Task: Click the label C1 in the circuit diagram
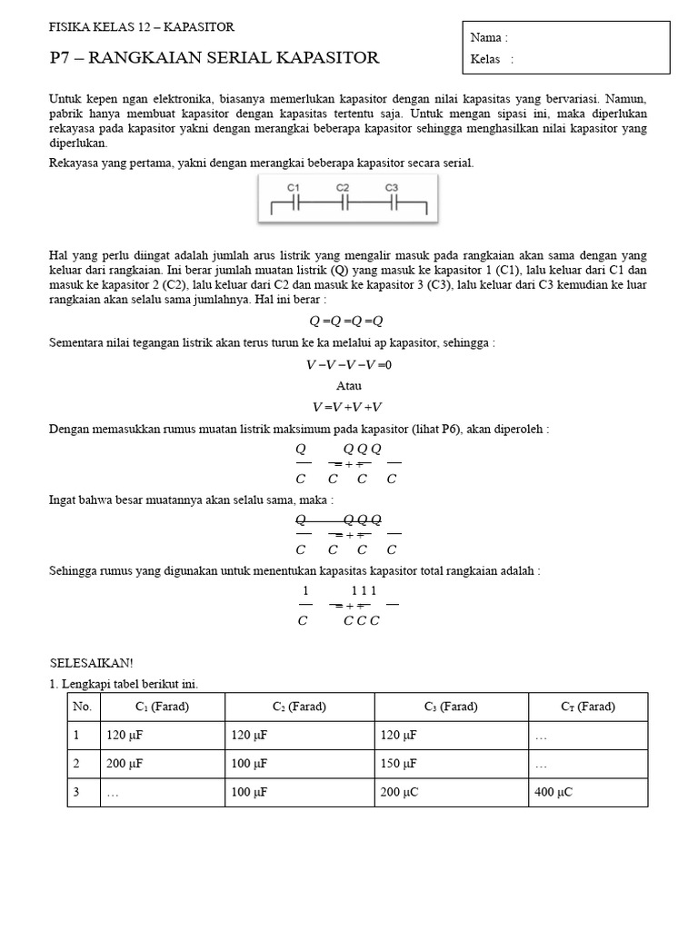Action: coord(294,187)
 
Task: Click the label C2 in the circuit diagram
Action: coord(343,187)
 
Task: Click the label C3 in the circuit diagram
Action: coord(392,187)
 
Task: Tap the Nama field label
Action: coord(489,38)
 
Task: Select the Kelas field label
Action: coord(492,60)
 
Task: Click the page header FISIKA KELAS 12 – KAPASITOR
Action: coord(141,28)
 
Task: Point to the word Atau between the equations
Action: coord(349,386)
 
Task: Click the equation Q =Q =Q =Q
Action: coord(346,321)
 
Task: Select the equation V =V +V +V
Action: coord(347,407)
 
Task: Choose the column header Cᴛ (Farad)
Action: coord(587,707)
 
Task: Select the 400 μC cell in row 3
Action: coord(554,792)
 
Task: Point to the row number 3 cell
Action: coord(78,792)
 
